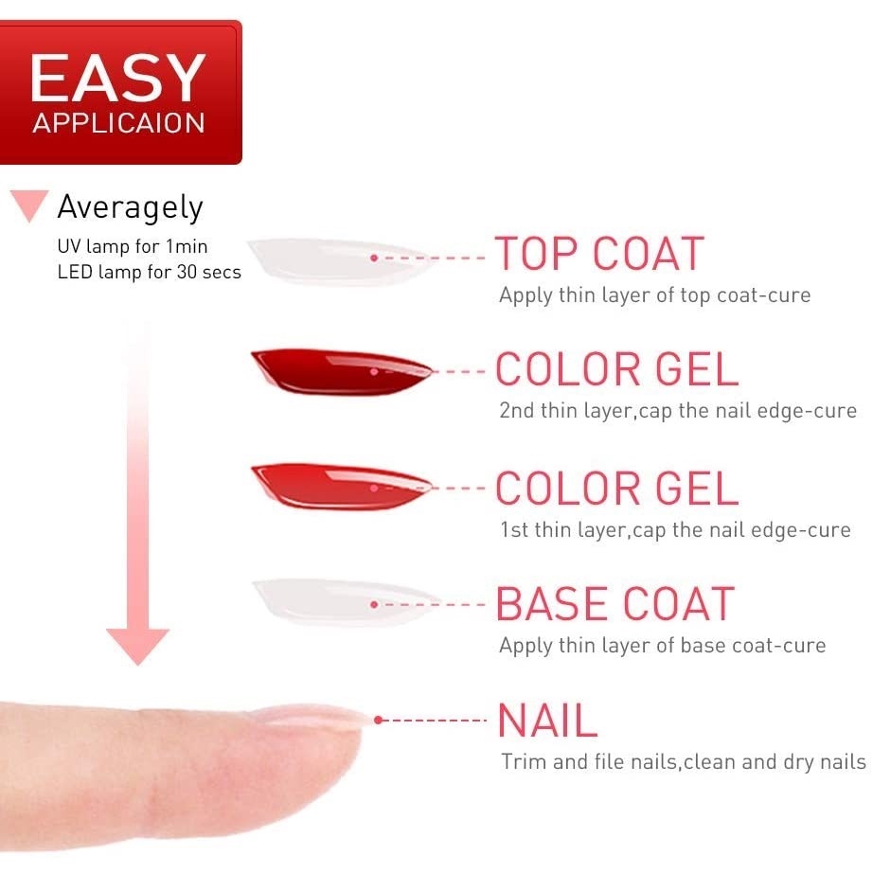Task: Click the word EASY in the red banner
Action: click(118, 78)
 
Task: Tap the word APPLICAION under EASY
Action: click(118, 123)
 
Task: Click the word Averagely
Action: click(131, 207)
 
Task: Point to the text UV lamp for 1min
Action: click(133, 246)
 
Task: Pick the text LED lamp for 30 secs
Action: click(150, 272)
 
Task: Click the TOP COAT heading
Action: click(599, 254)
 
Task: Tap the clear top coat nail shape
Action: click(340, 260)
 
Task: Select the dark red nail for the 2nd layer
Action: click(341, 371)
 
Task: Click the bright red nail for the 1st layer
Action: click(341, 487)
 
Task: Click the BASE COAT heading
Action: click(615, 603)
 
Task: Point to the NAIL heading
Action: click(547, 720)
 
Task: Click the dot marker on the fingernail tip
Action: click(378, 720)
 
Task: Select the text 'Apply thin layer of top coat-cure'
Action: click(655, 295)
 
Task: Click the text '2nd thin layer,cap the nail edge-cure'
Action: click(678, 411)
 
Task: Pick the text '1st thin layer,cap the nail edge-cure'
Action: click(675, 529)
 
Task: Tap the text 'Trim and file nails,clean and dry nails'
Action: click(683, 761)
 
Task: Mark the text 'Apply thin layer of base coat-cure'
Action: click(663, 646)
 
